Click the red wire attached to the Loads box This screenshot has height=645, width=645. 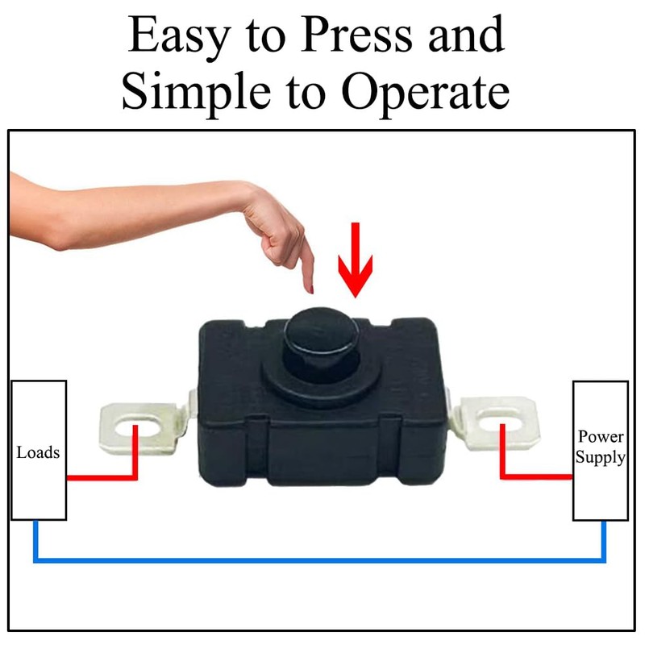pyautogui.click(x=101, y=477)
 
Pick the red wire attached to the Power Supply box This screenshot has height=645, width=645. pyautogui.click(x=532, y=477)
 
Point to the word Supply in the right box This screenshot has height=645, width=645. pyautogui.click(x=601, y=458)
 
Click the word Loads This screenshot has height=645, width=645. pyautogui.click(x=38, y=452)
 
